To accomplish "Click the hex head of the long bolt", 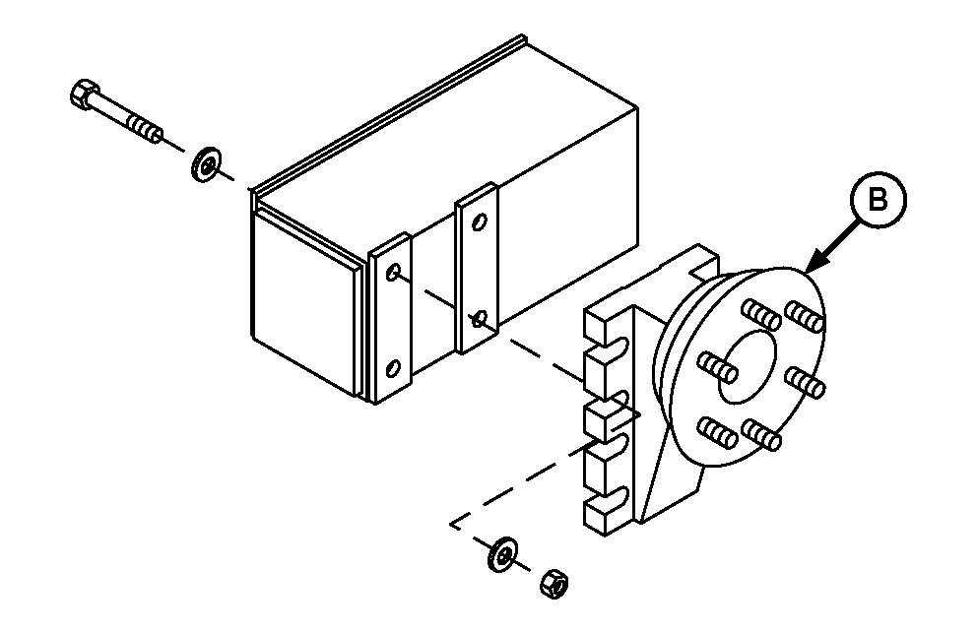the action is coord(85,95).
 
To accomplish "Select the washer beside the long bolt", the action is coord(206,164).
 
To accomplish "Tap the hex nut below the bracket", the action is coord(554,584).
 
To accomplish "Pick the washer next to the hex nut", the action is coord(503,554).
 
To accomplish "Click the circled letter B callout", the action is coord(879,201).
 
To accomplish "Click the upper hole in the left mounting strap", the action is coord(393,273).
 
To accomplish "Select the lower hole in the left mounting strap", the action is coord(394,369).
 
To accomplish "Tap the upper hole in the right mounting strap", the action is coord(481,222).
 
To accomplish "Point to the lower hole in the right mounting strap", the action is coord(480,320).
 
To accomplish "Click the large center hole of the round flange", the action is coord(748,366).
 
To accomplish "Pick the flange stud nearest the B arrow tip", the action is coord(805,316).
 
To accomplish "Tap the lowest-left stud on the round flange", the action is coord(717,431).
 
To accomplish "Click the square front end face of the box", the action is coord(306,299).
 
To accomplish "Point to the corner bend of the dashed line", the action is coord(452,524).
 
